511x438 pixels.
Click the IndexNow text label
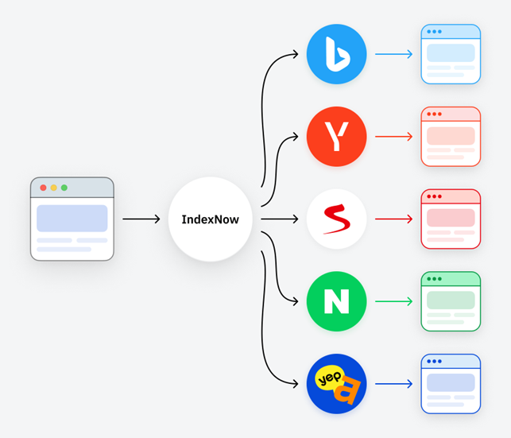tap(210, 219)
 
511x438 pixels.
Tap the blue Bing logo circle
tap(337, 54)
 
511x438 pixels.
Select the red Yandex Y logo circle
tap(337, 137)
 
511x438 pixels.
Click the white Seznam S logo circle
tap(337, 219)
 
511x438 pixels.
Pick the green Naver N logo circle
tap(337, 301)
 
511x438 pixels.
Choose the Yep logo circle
tap(337, 384)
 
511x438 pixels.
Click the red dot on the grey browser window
tap(43, 188)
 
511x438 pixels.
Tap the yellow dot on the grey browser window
tap(54, 188)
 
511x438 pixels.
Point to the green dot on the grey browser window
tap(64, 188)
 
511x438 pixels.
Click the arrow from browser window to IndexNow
tap(141, 219)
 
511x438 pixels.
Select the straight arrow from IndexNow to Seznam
tap(280, 219)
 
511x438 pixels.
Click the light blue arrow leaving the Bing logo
tap(393, 54)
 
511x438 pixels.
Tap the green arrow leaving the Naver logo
tap(393, 301)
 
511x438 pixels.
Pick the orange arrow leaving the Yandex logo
tap(393, 137)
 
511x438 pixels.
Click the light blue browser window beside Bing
tap(451, 54)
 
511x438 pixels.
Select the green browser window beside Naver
tap(451, 301)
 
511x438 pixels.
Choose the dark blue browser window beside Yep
tap(451, 384)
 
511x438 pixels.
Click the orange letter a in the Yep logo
tap(347, 391)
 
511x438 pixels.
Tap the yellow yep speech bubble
tap(329, 378)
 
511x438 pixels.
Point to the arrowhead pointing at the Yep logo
tap(296, 384)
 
